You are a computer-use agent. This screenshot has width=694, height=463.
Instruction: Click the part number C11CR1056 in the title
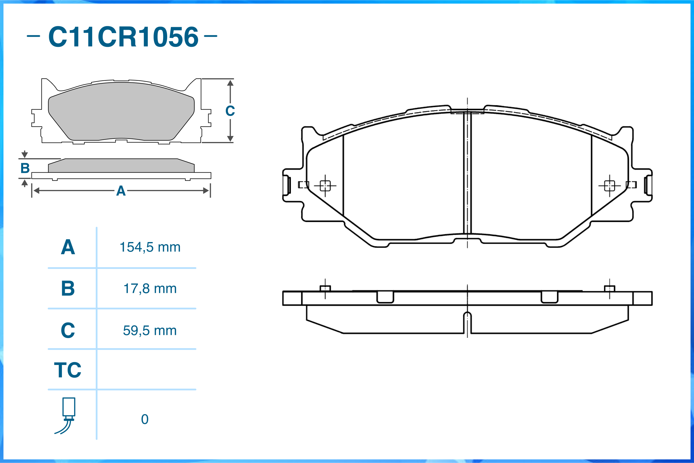(x=123, y=37)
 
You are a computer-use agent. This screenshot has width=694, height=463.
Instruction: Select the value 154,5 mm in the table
(x=150, y=247)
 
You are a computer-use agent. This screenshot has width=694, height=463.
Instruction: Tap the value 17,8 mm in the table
(x=150, y=289)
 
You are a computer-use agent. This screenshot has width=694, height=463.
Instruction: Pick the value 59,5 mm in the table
(x=150, y=331)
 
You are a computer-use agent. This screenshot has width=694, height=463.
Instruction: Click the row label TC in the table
(x=68, y=370)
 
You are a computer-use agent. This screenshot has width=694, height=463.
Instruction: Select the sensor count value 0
(x=145, y=419)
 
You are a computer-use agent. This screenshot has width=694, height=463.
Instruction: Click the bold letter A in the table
(x=68, y=247)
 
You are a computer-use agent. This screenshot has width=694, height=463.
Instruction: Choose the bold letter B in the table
(x=68, y=288)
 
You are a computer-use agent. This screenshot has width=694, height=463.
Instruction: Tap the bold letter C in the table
(x=68, y=330)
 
